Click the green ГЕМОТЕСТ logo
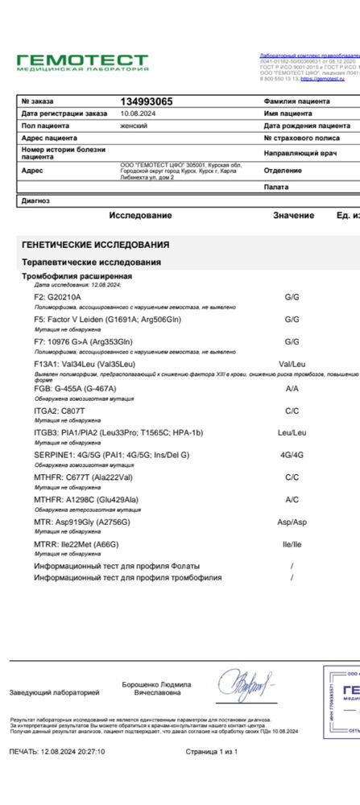pyautogui.click(x=83, y=62)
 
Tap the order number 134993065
pyautogui.click(x=146, y=101)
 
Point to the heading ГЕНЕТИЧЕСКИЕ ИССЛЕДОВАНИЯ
pyautogui.click(x=95, y=245)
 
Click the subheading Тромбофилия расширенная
pyautogui.click(x=77, y=276)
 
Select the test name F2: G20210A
pyautogui.click(x=58, y=297)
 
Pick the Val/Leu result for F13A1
pyautogui.click(x=292, y=364)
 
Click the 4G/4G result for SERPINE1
pyautogui.click(x=292, y=455)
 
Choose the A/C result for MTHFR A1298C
pyautogui.click(x=292, y=499)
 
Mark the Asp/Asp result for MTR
pyautogui.click(x=292, y=522)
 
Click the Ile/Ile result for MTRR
pyautogui.click(x=292, y=544)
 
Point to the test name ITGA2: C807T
pyautogui.click(x=60, y=411)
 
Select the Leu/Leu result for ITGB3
pyautogui.click(x=292, y=432)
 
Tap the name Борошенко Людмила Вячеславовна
pyautogui.click(x=156, y=688)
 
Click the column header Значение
pyautogui.click(x=293, y=216)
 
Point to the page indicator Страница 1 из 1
pyautogui.click(x=211, y=752)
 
